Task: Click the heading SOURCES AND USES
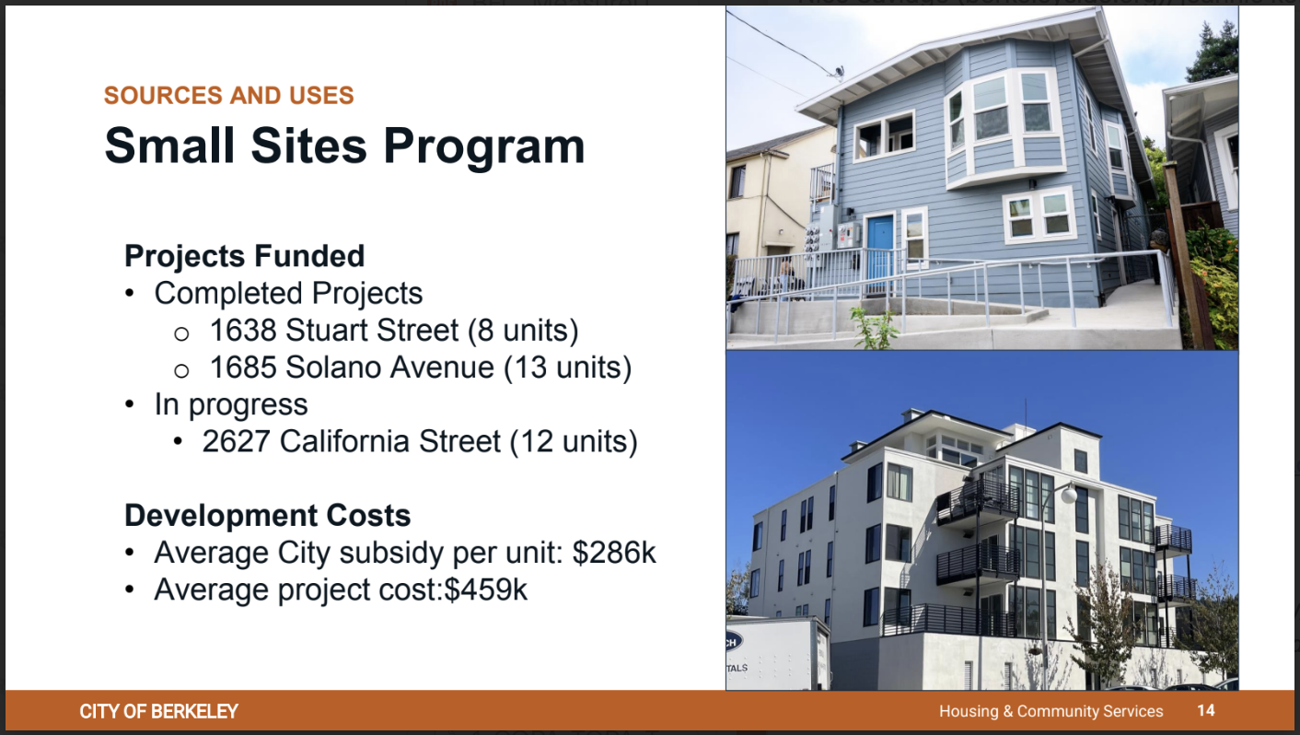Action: [x=228, y=96]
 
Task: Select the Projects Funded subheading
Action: [x=244, y=256]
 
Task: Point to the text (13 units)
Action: [x=567, y=368]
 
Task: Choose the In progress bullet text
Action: [x=231, y=405]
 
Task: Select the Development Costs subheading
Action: [x=268, y=516]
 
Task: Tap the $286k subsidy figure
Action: [x=614, y=552]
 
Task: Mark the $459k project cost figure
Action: [x=486, y=589]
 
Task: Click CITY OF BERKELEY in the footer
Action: [x=158, y=712]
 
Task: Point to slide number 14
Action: [x=1206, y=711]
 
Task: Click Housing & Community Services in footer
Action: [x=1051, y=711]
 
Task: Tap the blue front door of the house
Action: [x=880, y=248]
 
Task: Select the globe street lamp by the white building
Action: [x=1068, y=495]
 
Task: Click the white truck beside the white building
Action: [x=778, y=653]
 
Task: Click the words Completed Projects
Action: [x=288, y=294]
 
